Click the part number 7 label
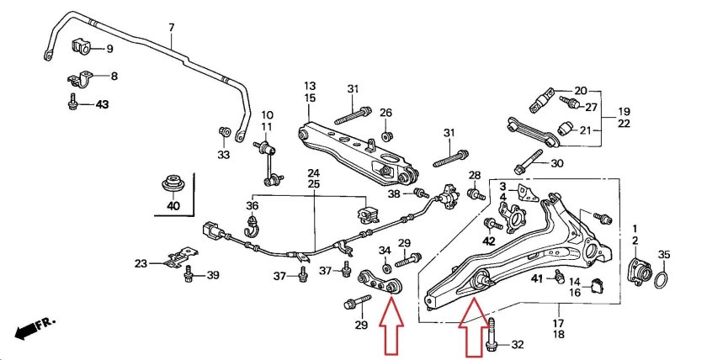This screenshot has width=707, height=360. [x=171, y=28]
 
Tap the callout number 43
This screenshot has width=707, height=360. [x=102, y=105]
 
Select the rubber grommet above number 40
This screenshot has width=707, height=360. [x=173, y=183]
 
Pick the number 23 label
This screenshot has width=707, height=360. [x=141, y=263]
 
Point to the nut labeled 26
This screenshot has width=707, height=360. [x=385, y=135]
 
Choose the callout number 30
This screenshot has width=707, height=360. [x=556, y=163]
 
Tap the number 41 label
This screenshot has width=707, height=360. [x=537, y=278]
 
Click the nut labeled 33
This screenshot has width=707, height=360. [x=224, y=132]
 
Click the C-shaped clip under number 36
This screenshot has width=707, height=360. [x=251, y=225]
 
